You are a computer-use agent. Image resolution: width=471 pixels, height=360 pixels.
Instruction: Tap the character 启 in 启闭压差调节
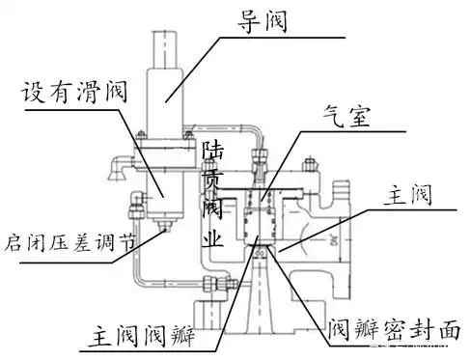click(x=14, y=236)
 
